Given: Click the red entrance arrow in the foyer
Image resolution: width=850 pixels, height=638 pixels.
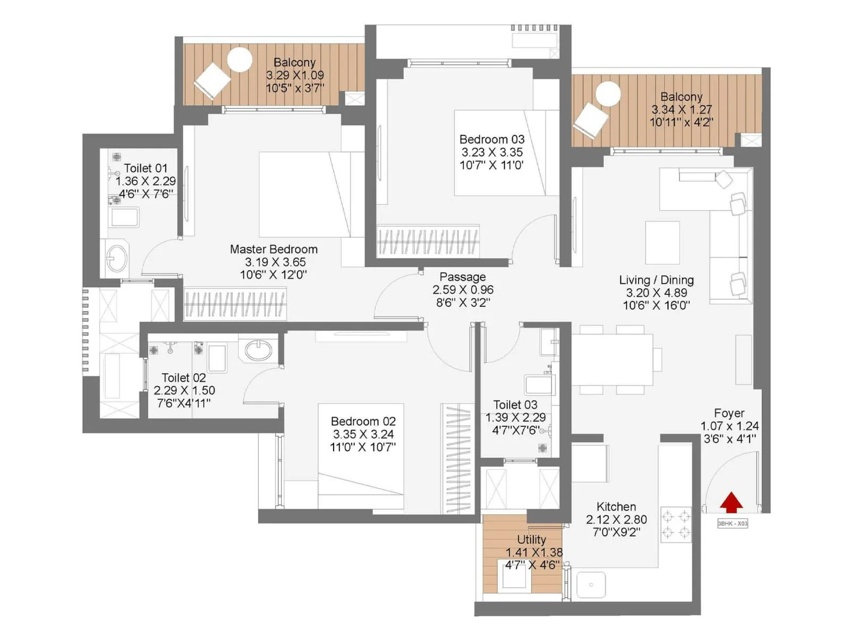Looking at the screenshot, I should pyautogui.click(x=732, y=502).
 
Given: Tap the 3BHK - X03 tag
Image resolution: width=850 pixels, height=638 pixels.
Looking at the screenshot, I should pyautogui.click(x=733, y=524).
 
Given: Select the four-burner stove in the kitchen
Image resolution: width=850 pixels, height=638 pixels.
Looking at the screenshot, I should pyautogui.click(x=676, y=524).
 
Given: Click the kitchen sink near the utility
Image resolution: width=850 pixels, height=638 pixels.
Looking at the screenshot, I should pyautogui.click(x=591, y=585).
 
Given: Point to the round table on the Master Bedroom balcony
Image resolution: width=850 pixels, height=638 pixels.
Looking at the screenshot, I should pyautogui.click(x=240, y=60).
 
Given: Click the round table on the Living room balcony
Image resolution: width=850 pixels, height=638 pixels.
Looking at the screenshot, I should pyautogui.click(x=608, y=95).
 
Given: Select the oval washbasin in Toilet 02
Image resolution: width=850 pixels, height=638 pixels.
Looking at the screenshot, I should pyautogui.click(x=259, y=350).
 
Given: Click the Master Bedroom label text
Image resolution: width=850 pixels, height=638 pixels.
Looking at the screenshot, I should pyautogui.click(x=274, y=249).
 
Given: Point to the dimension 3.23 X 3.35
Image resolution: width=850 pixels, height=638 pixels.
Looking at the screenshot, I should pyautogui.click(x=492, y=152).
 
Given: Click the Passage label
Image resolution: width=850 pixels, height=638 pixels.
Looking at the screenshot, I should pyautogui.click(x=462, y=277).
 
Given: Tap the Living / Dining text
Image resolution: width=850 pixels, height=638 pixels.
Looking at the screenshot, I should pyautogui.click(x=656, y=280).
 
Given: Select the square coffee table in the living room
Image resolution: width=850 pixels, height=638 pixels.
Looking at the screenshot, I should pyautogui.click(x=662, y=242).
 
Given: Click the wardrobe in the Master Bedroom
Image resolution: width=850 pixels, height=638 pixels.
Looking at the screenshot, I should pyautogui.click(x=235, y=305).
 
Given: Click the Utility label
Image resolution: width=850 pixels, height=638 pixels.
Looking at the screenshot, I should pyautogui.click(x=531, y=540).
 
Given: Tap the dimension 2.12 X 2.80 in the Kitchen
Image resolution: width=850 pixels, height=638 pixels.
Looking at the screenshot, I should pyautogui.click(x=616, y=519).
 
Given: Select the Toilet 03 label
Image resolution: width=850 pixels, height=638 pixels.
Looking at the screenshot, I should pyautogui.click(x=515, y=405).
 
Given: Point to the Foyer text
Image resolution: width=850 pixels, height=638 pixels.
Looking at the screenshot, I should pyautogui.click(x=729, y=413).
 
